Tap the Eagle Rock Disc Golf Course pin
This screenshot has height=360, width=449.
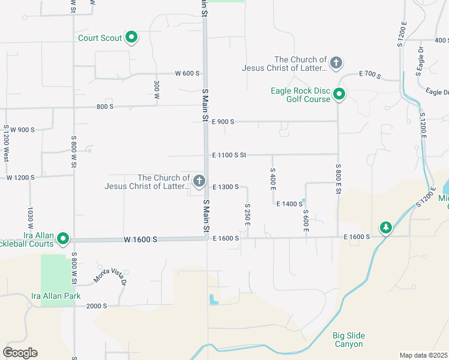[339, 94]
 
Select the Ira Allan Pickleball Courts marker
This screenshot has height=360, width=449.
[63, 239]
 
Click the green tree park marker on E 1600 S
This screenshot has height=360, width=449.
[385, 227]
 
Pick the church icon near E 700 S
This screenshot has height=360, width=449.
[337, 62]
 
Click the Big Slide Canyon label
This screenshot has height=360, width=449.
[348, 340]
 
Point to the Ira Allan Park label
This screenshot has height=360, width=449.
[56, 296]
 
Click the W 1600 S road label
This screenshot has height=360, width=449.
[140, 239]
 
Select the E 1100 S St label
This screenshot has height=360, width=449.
[229, 155]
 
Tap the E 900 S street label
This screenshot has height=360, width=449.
[223, 121]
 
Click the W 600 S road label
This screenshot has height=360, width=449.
[187, 73]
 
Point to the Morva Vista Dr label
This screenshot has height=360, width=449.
[110, 274]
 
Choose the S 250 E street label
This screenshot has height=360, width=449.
[247, 214]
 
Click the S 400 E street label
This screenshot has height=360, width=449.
[273, 180]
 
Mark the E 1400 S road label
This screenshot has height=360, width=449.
[289, 204]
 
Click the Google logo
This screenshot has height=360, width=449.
[20, 353]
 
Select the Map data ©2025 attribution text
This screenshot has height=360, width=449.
[424, 355]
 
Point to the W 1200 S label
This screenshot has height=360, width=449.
[20, 178]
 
